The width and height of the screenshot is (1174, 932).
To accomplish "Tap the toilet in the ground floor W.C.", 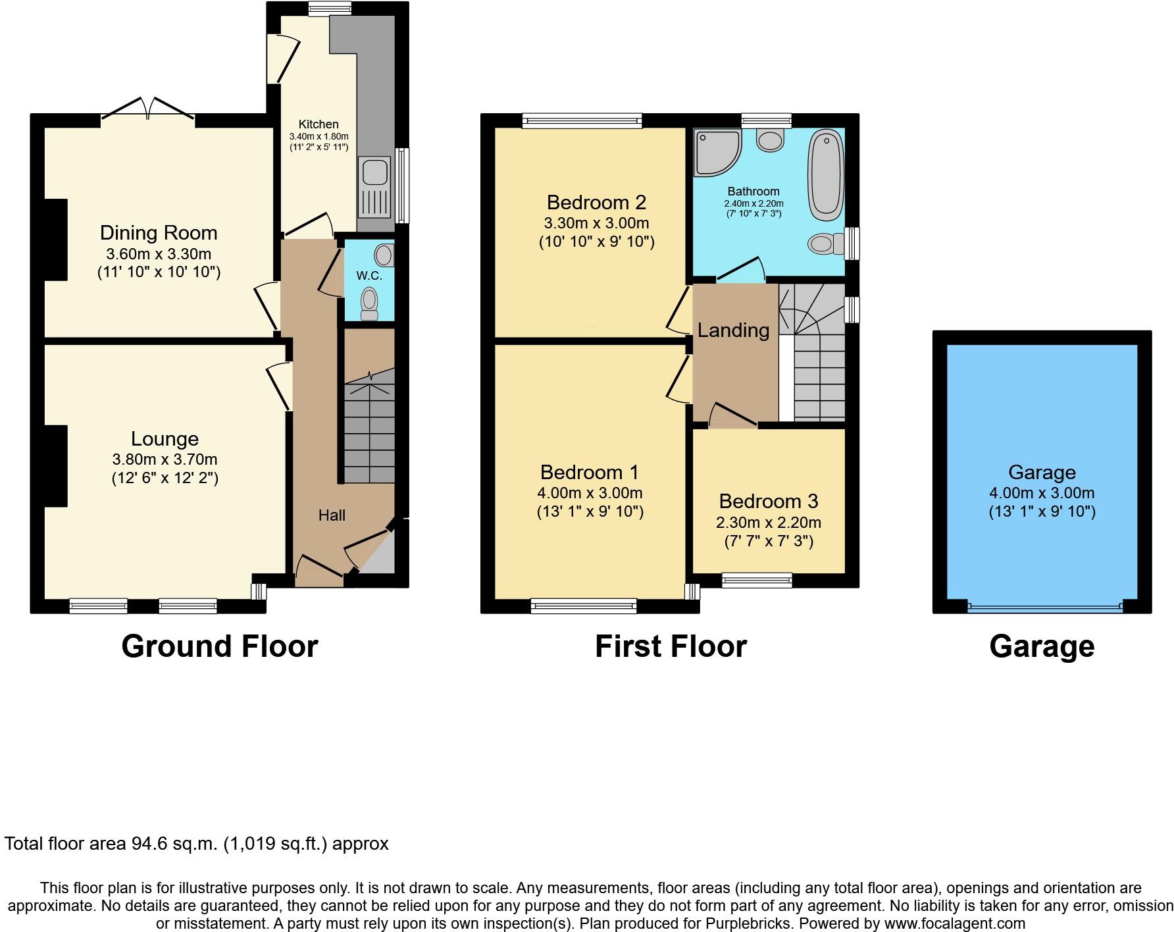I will click(370, 303).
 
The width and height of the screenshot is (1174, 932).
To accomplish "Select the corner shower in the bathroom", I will click(716, 151).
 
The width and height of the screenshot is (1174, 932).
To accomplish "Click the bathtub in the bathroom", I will click(827, 175).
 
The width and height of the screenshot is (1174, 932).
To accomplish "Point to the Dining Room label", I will click(159, 233).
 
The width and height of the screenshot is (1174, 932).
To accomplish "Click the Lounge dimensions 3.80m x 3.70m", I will click(165, 459).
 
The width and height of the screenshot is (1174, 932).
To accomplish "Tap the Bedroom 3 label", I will click(768, 502).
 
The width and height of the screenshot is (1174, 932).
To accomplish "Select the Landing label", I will click(733, 330).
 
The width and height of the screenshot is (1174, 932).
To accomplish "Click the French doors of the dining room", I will click(148, 109).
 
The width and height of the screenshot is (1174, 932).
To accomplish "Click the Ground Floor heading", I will click(220, 646).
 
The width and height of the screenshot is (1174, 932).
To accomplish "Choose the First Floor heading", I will click(671, 646).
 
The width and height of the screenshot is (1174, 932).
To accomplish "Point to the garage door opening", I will click(1044, 608).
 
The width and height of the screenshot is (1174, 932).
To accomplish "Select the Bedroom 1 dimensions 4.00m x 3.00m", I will click(590, 493).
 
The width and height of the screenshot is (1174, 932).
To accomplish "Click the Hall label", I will click(332, 515).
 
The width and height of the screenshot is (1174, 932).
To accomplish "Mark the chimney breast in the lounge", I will click(55, 466).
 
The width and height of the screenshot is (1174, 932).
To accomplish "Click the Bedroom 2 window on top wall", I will click(582, 120).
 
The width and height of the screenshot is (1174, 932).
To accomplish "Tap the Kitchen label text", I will click(319, 124).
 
